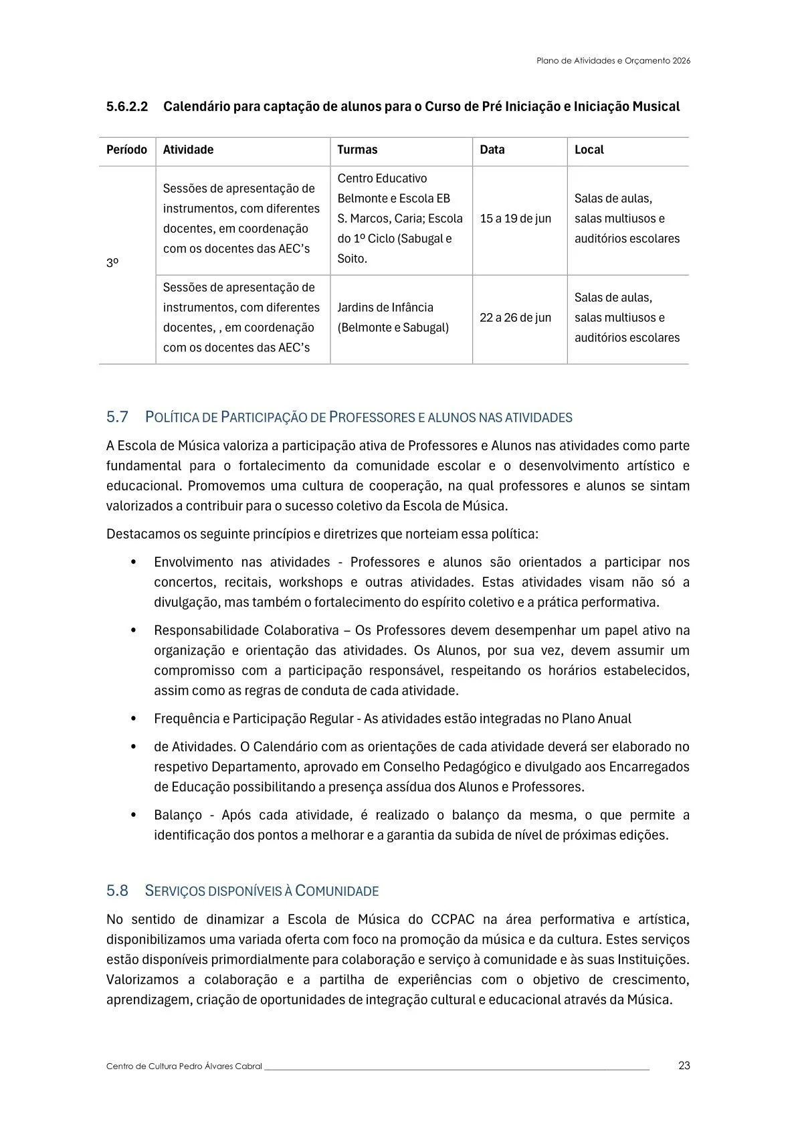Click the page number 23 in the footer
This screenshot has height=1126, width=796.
(x=684, y=1065)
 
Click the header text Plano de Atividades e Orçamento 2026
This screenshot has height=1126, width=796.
(x=613, y=60)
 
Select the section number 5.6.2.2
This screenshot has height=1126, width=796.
(x=126, y=106)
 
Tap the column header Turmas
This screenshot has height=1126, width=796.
(x=357, y=150)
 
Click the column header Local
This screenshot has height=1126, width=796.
(x=589, y=150)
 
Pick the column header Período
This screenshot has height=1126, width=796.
(x=126, y=150)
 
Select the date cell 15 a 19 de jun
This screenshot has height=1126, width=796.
(x=515, y=219)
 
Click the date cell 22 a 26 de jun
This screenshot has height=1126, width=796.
(x=515, y=318)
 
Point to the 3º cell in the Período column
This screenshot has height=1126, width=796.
(x=112, y=264)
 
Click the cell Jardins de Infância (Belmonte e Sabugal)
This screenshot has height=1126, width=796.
(x=393, y=318)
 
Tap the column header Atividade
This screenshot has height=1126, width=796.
(x=188, y=150)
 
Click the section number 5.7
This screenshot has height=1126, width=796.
(x=117, y=417)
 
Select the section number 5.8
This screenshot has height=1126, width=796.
(x=117, y=891)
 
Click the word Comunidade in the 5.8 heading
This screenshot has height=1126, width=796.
(x=337, y=891)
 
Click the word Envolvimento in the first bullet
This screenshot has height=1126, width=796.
(x=193, y=562)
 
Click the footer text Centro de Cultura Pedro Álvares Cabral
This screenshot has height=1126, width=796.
(x=184, y=1066)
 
